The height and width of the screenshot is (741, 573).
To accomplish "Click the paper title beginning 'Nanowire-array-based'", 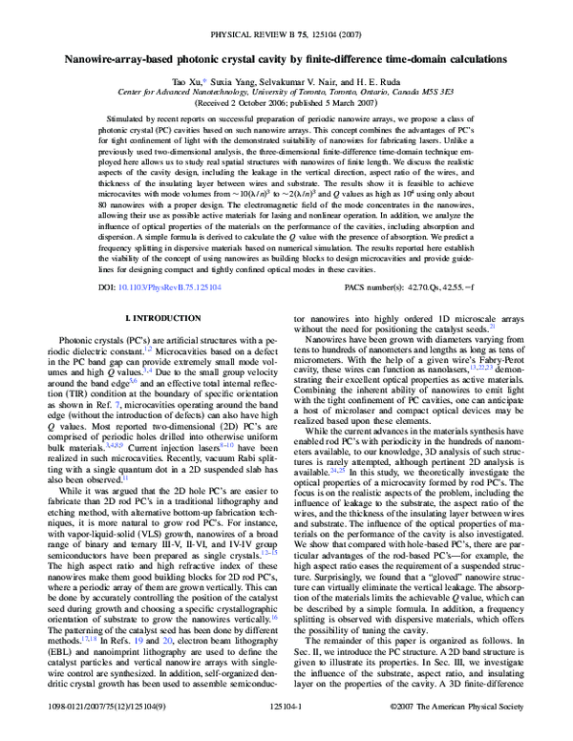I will tap(286, 59).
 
